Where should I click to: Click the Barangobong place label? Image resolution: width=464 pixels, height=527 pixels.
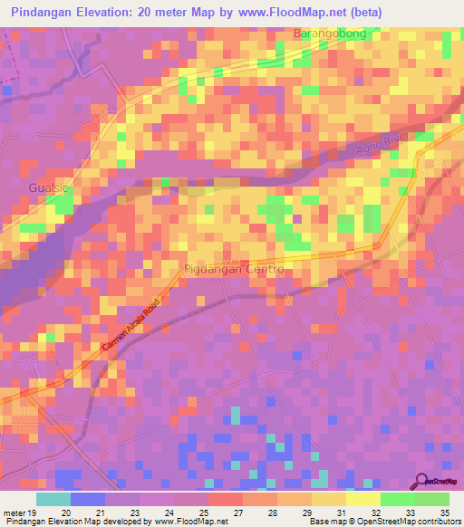[330, 34]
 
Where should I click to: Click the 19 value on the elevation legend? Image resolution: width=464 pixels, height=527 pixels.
[34, 511]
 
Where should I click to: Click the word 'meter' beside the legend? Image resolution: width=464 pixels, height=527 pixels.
[14, 511]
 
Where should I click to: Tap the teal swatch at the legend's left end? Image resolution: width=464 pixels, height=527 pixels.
[53, 499]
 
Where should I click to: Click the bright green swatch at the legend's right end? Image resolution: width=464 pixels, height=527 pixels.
[431, 499]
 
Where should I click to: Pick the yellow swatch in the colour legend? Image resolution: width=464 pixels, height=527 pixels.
[362, 499]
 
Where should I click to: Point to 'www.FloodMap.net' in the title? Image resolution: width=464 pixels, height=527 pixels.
[285, 12]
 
